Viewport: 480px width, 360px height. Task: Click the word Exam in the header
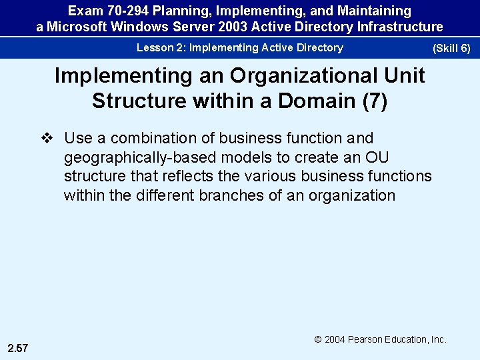[84, 11]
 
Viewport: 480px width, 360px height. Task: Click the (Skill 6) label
[451, 49]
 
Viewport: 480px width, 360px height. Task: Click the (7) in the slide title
[373, 101]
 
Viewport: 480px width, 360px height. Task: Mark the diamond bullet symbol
[46, 138]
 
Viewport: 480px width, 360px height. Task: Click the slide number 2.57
[19, 348]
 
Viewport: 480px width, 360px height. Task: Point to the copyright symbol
[318, 339]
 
